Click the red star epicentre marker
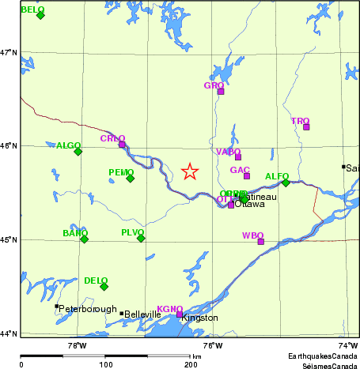(x=189, y=171)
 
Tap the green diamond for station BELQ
(x=40, y=15)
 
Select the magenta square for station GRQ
(x=221, y=92)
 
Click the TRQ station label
(x=300, y=121)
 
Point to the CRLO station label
(x=112, y=138)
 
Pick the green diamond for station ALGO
(x=78, y=151)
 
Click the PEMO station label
(x=121, y=172)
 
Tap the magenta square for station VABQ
(x=237, y=156)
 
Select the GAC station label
(x=240, y=170)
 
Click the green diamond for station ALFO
(x=286, y=183)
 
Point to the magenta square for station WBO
(x=260, y=242)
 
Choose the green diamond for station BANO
(x=84, y=239)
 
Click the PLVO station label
(x=132, y=232)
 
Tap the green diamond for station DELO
(x=104, y=286)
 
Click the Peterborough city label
(x=88, y=309)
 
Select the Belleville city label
(x=143, y=314)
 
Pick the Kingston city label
(x=199, y=318)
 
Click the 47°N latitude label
(x=8, y=52)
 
